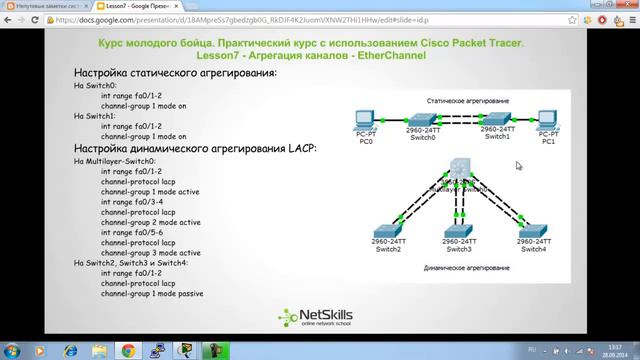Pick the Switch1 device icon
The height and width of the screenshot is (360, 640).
(x=492, y=118)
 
